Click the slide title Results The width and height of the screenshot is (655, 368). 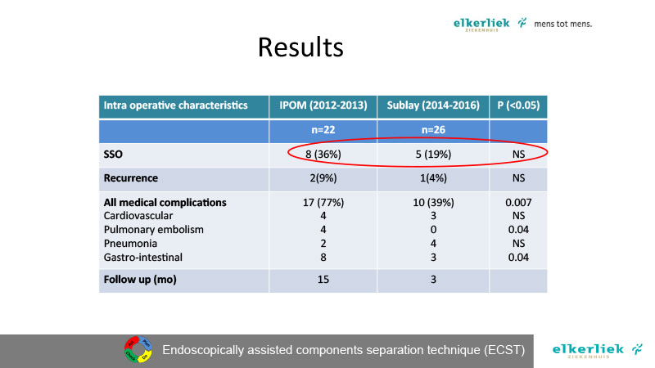[x=300, y=47]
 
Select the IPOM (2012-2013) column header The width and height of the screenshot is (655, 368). [x=323, y=105]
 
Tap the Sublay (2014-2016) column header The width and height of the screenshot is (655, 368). [x=433, y=105]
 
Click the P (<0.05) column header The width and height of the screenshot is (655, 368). [x=518, y=105]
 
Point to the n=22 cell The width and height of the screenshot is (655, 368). [x=323, y=130]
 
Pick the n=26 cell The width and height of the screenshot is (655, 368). [x=433, y=130]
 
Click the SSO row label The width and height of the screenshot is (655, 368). [x=113, y=155]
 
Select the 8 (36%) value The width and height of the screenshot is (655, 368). [x=323, y=155]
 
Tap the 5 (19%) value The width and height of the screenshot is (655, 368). [x=433, y=155]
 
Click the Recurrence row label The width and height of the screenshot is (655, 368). [x=131, y=178]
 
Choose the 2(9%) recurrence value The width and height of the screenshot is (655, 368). [x=323, y=178]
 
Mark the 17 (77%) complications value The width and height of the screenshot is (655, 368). [x=323, y=202]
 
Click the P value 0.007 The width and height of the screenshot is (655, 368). [x=518, y=202]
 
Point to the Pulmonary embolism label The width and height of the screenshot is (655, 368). [x=154, y=230]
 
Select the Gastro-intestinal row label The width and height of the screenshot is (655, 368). [x=142, y=257]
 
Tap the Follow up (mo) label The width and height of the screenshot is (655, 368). [x=140, y=280]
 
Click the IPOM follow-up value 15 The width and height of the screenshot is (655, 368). [x=323, y=279]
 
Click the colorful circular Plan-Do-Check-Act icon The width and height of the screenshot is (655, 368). [x=138, y=349]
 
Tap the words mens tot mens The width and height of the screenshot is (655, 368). [x=562, y=24]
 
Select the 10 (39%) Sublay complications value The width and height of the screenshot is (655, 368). [x=433, y=202]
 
